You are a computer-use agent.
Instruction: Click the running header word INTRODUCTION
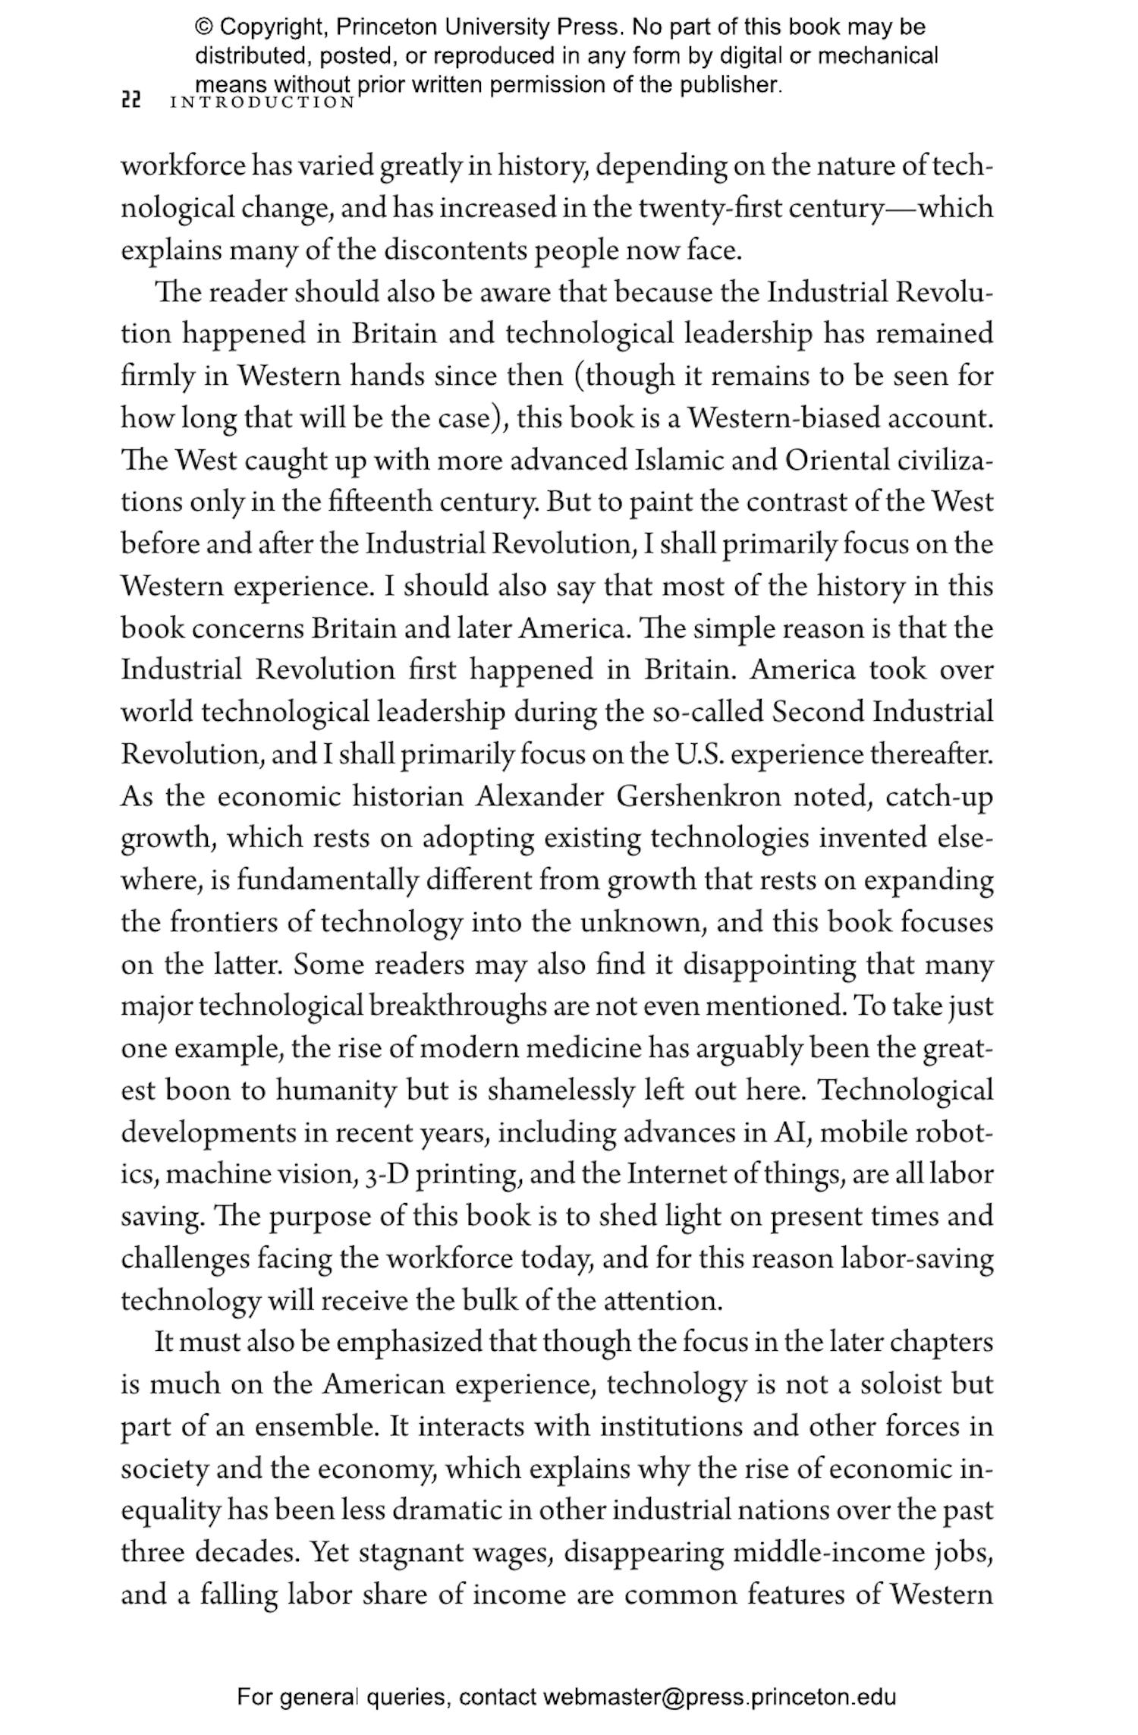(262, 102)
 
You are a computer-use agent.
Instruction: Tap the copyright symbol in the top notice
(203, 27)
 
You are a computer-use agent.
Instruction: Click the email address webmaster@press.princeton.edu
(718, 1696)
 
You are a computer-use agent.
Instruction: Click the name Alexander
(539, 797)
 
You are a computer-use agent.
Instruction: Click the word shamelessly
(560, 1091)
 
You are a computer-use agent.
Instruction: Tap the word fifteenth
(376, 502)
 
